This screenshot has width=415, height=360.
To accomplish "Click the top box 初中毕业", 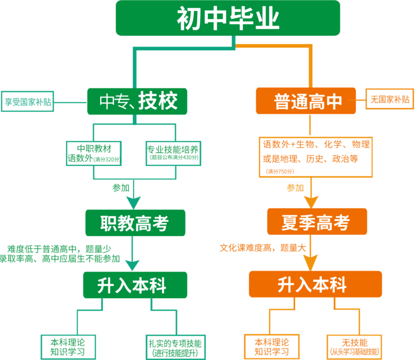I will pos(227,18).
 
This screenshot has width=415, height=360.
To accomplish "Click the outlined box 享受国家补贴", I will pos(27,101).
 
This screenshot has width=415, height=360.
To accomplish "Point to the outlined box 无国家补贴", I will pos(390,100).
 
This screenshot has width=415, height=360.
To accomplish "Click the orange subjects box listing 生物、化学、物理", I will pos(316,157).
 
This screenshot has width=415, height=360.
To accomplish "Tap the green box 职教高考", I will pos(135,223).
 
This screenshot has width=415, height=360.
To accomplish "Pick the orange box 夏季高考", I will pos(316,223).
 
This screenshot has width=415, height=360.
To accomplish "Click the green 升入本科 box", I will pos(132,285).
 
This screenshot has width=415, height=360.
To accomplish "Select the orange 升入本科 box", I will pos(314,285).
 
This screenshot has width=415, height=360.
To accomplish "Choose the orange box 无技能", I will pos(355,346).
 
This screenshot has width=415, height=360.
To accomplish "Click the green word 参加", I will pos(121,188).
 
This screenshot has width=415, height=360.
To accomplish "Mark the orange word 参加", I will pos(295,188).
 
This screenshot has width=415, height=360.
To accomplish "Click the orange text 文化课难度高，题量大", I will pos(262,248).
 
